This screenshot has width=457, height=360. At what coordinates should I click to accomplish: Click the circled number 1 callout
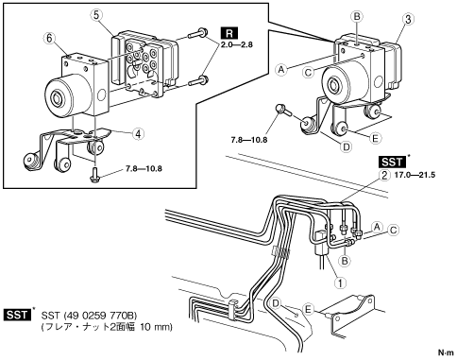[x=340, y=283]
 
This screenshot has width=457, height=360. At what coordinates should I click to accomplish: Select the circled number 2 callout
[x=384, y=175]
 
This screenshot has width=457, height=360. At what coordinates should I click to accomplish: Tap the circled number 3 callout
[x=408, y=20]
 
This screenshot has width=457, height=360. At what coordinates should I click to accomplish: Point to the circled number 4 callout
[x=138, y=134]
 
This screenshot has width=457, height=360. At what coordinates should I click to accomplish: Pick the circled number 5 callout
[x=96, y=15]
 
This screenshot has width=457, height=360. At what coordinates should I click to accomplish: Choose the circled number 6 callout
[x=49, y=39]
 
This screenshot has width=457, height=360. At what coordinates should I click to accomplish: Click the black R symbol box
[x=229, y=33]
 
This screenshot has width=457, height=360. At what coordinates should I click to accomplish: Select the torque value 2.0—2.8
[x=236, y=44]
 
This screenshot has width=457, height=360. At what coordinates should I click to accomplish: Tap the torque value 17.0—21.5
[x=415, y=175]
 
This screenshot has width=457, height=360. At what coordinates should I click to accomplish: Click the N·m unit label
[x=446, y=352]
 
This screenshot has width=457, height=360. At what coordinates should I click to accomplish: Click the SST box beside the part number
[x=18, y=315]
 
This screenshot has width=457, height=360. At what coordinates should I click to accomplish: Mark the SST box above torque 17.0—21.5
[x=392, y=162]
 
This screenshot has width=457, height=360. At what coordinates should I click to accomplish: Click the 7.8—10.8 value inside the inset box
[x=144, y=168]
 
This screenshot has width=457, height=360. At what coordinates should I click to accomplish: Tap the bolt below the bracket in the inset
[x=94, y=175]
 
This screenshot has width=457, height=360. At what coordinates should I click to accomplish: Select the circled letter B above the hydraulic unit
[x=357, y=16]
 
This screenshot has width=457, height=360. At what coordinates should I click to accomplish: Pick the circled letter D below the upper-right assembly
[x=347, y=146]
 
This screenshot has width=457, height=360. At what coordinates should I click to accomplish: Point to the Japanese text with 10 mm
[x=107, y=327]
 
